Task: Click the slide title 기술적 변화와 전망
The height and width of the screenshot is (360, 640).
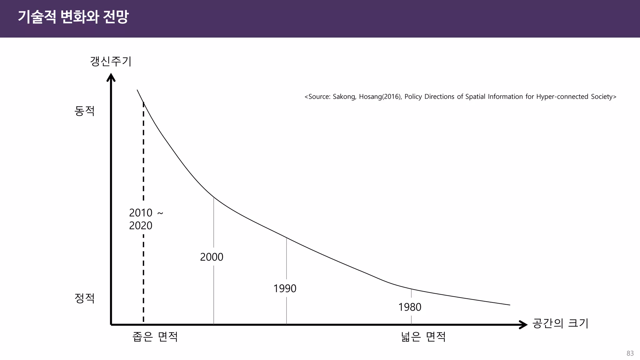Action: pos(73,17)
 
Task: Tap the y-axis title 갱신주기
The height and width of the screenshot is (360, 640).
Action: pos(111,61)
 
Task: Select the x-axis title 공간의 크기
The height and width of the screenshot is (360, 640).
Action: pos(560,323)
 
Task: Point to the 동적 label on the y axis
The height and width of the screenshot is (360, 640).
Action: pos(84,111)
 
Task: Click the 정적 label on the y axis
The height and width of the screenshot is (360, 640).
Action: pos(84,298)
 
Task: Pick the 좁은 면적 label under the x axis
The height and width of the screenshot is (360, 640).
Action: pos(155,337)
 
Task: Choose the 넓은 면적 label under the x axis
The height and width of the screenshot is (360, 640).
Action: pos(423,337)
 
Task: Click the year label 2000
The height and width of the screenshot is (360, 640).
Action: pos(212,257)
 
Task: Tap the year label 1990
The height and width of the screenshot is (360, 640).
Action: pos(285,288)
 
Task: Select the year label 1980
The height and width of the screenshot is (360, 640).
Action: pos(410,307)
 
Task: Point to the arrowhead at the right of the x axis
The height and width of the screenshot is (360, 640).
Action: pos(523,325)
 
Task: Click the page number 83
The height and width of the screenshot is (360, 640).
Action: pos(630,353)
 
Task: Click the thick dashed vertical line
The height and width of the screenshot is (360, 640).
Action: pos(143,156)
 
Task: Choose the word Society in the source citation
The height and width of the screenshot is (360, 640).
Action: pos(602,97)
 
